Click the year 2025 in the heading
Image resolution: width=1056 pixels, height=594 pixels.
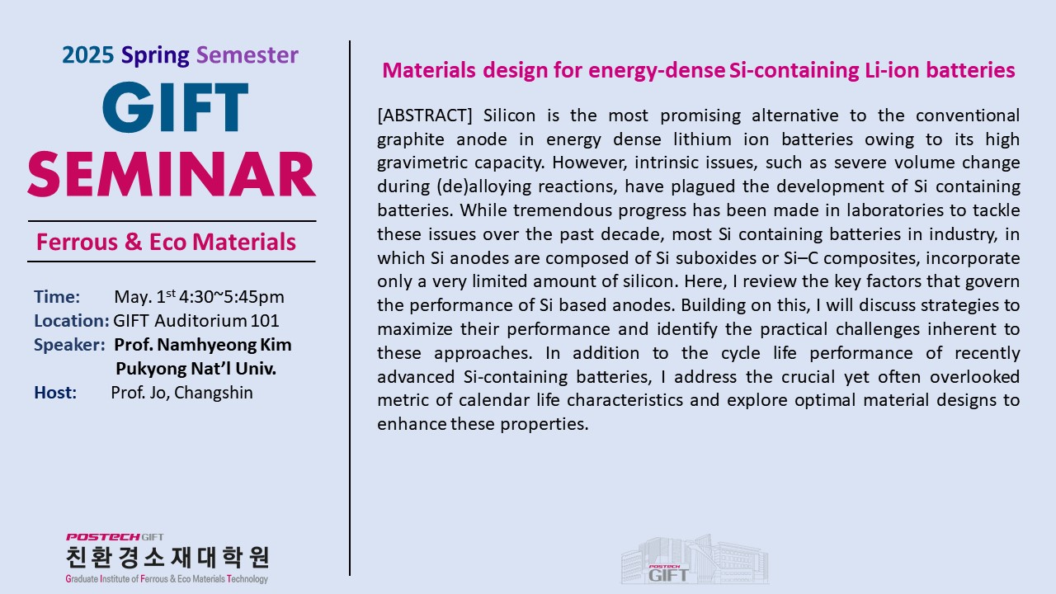pyautogui.click(x=87, y=55)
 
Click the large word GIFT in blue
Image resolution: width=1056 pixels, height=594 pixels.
pyautogui.click(x=176, y=107)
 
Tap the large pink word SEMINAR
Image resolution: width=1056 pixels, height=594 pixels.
pyautogui.click(x=172, y=174)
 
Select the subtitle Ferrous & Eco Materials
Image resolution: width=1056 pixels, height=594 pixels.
pyautogui.click(x=166, y=242)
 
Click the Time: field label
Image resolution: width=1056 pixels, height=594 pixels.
pyautogui.click(x=57, y=297)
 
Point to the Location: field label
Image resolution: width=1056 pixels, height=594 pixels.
pyautogui.click(x=72, y=321)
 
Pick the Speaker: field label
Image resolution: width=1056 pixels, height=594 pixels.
pyautogui.click(x=69, y=345)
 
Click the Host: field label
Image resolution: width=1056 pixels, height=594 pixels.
pyautogui.click(x=55, y=393)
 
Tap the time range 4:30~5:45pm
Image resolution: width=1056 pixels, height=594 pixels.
pyautogui.click(x=232, y=297)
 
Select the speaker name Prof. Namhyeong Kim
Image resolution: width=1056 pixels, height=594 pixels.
pyautogui.click(x=203, y=345)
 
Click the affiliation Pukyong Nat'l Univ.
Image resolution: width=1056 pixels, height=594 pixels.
pyautogui.click(x=196, y=369)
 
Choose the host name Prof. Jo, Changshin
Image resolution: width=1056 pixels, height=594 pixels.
pyautogui.click(x=182, y=393)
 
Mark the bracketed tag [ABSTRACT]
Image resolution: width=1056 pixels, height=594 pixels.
pyautogui.click(x=424, y=115)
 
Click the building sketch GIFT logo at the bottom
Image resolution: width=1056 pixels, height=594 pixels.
pyautogui.click(x=695, y=559)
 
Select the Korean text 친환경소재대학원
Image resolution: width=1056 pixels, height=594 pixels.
pyautogui.click(x=167, y=557)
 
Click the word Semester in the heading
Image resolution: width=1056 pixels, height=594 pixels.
pyautogui.click(x=247, y=55)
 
